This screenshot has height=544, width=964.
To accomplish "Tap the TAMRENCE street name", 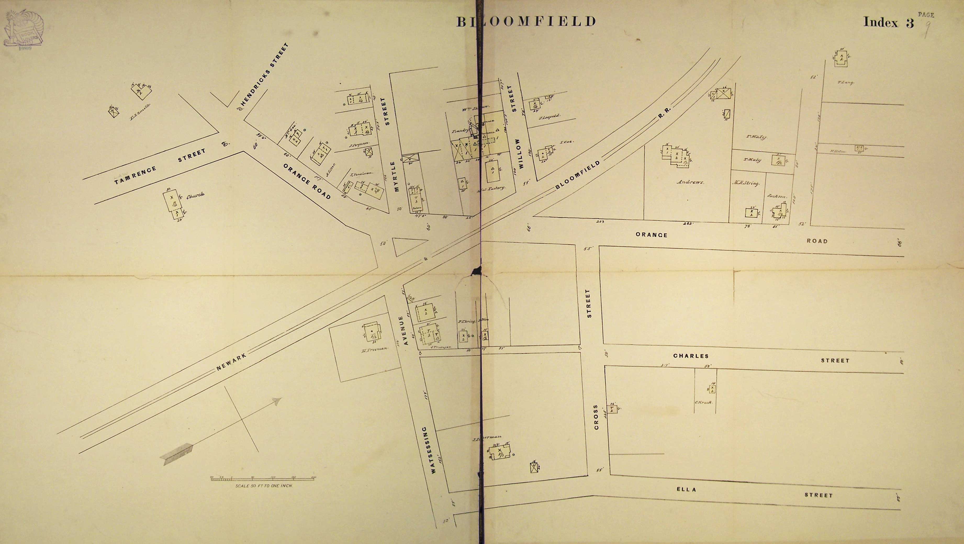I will click(x=136, y=176).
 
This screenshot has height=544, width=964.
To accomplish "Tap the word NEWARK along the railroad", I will click(x=232, y=362).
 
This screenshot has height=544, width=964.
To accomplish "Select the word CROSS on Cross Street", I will click(x=596, y=417).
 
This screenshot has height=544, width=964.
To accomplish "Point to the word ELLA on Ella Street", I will click(x=686, y=489).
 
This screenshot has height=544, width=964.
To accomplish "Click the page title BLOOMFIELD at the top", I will click(x=526, y=21).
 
